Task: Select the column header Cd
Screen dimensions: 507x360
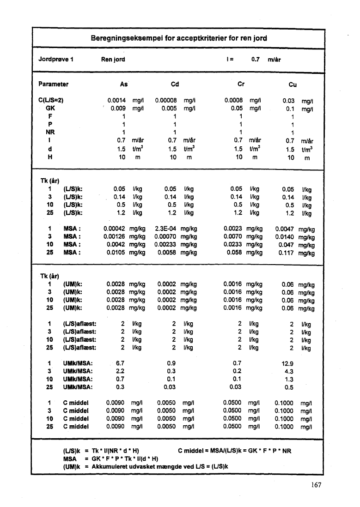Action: (x=175, y=84)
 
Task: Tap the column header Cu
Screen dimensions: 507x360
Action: (x=292, y=84)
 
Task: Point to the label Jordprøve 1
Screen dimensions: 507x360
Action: (x=53, y=59)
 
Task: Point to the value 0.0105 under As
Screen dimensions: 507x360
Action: (x=116, y=253)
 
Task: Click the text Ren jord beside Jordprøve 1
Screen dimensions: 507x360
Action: (x=113, y=59)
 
